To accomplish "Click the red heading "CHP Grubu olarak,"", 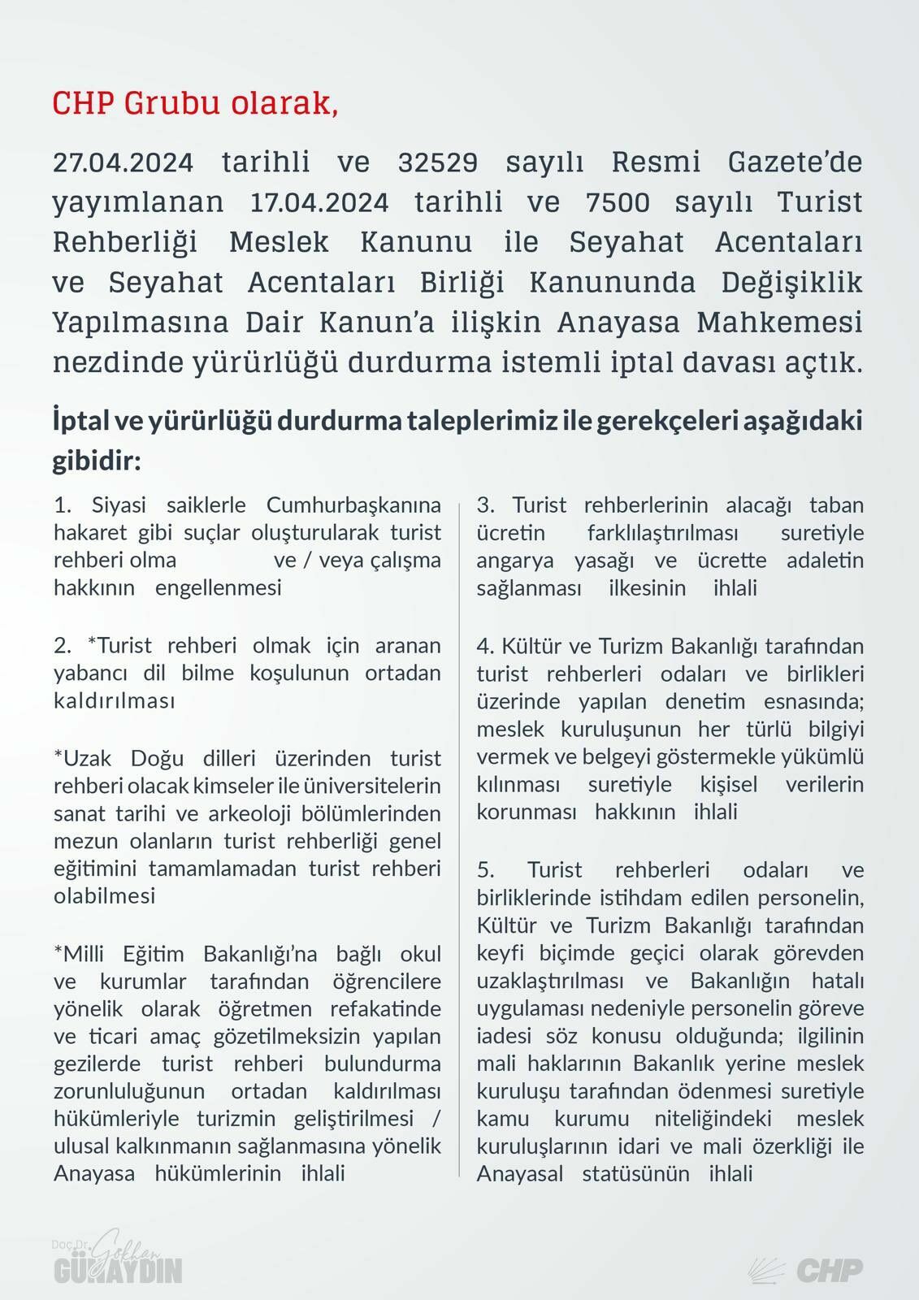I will click(195, 103).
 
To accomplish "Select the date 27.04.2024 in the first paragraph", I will click(124, 162).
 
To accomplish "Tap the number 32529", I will click(438, 162).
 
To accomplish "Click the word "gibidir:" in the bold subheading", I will click(97, 461).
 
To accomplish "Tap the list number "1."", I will click(63, 505).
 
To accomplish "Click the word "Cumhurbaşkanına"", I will click(353, 505).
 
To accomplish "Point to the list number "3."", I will click(486, 505).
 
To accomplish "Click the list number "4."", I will click(485, 646).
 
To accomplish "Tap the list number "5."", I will click(486, 870).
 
